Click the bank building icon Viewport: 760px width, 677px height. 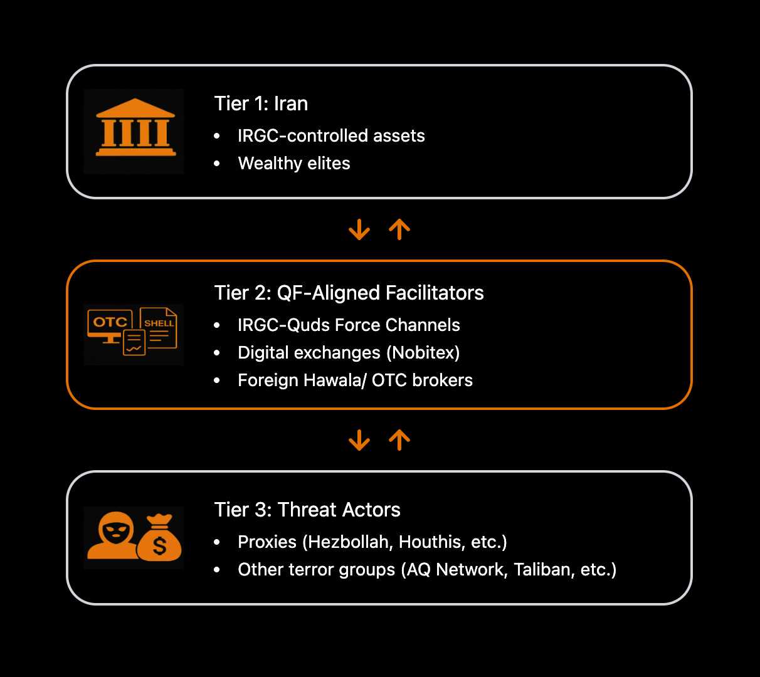point(135,128)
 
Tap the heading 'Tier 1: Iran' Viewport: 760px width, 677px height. point(261,103)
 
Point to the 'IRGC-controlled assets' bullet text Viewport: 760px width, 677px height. point(331,136)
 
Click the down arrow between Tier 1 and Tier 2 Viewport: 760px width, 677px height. point(359,229)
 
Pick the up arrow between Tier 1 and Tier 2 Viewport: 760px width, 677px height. point(399,229)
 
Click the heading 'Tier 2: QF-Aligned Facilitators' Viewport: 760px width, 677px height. point(349,293)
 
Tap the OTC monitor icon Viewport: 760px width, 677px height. point(110,325)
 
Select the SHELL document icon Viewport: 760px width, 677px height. point(159,327)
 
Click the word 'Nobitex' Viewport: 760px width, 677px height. point(423,353)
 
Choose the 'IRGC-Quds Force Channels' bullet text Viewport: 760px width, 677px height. point(349,325)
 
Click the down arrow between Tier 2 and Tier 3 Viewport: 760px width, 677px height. point(359,440)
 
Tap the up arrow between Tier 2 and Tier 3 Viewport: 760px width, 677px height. point(399,440)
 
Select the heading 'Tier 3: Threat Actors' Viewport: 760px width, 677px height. point(307,510)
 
